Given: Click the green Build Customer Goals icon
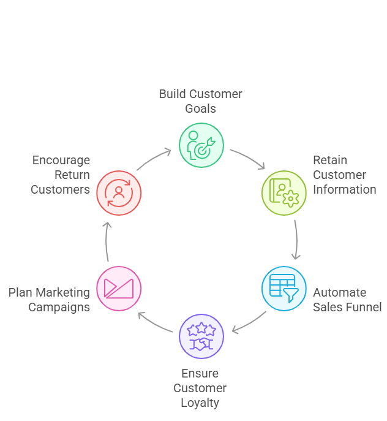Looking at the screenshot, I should point(201,145).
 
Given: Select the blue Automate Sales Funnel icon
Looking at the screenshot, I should point(284,288).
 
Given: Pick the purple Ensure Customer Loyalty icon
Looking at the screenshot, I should point(201,336).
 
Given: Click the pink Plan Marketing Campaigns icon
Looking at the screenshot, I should point(119,288).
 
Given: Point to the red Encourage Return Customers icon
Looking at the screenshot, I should point(119,193).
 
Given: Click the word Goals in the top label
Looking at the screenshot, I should point(200,108).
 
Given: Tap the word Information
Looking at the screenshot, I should point(344,189).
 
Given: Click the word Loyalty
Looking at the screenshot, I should point(200,403).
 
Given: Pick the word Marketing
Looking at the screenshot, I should point(63,292).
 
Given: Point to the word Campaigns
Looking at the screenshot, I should point(59,307).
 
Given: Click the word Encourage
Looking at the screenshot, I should point(61,160).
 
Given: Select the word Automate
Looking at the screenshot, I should point(339,292).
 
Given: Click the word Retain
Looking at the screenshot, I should point(329,160).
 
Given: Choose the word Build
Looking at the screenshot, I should point(171,94).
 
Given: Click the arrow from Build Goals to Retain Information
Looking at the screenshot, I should point(248,158).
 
